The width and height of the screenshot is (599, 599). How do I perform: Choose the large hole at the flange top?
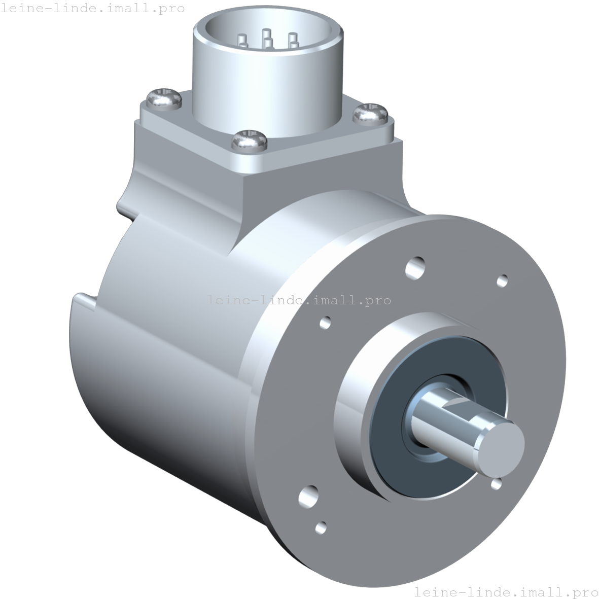tap(416, 267)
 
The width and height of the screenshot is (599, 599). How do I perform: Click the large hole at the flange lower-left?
tap(308, 496)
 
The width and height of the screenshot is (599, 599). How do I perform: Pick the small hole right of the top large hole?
tap(502, 280)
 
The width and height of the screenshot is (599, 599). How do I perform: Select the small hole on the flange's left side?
tap(326, 322)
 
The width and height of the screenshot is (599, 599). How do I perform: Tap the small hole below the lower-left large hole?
tap(321, 527)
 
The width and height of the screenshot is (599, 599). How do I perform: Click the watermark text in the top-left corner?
tap(92, 8)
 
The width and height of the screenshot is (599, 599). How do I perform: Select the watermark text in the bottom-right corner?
tap(506, 591)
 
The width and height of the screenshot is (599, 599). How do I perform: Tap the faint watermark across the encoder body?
tap(299, 300)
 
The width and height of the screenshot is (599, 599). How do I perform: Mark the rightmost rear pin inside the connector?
tap(292, 39)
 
